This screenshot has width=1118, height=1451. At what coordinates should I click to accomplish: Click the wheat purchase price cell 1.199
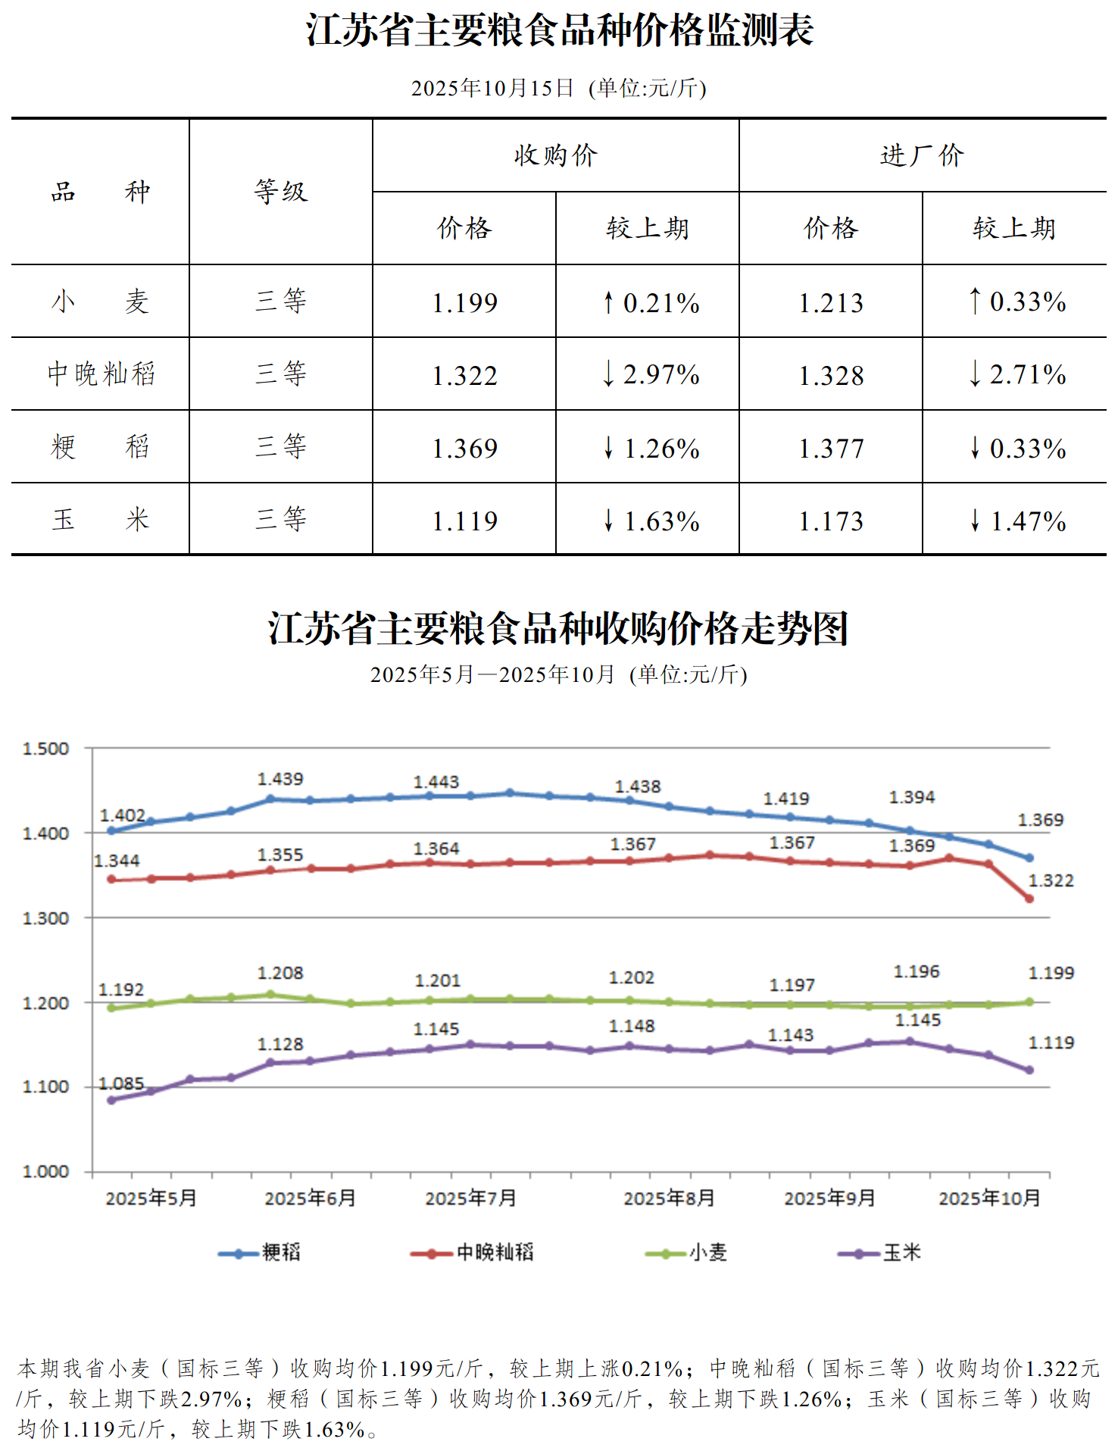pos(464,302)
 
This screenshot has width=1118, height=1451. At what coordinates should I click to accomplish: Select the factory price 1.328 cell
pos(831,375)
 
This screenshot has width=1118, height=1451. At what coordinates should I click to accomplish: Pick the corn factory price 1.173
pos(831,521)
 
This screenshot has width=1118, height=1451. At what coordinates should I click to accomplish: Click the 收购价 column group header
pos(555,155)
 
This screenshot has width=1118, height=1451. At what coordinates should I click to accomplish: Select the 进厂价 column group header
pos(922,155)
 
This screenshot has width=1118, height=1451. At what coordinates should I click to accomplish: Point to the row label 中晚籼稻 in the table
pos(101,374)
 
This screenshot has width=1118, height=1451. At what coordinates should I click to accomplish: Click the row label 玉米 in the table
pos(101,520)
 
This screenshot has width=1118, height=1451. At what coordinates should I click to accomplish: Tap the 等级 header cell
pos(281,192)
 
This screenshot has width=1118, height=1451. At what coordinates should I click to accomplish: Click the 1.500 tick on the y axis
pos(45,749)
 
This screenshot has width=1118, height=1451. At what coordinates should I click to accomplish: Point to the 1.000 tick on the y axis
pos(45,1171)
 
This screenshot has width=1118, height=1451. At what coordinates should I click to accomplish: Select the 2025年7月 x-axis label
pos(470,1198)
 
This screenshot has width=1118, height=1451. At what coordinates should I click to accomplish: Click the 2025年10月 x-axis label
pos(989,1198)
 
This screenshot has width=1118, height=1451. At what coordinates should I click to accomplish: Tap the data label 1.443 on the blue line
pos(436,781)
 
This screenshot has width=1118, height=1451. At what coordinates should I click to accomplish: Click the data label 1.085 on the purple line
pos(121,1084)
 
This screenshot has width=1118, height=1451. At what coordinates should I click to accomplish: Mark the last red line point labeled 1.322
pos(1029,899)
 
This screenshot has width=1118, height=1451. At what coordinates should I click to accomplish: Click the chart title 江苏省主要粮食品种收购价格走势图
pos(558,629)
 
